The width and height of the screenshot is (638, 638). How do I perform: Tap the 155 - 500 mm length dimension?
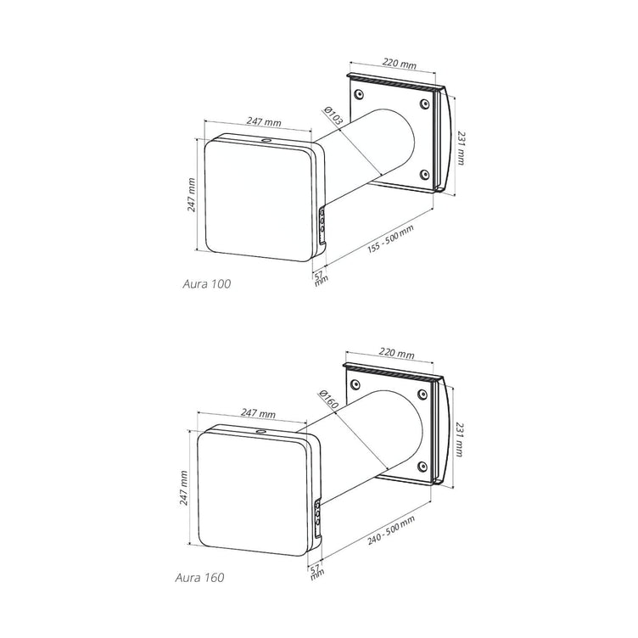tap(390, 240)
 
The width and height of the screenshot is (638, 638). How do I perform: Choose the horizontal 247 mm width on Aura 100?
tap(264, 122)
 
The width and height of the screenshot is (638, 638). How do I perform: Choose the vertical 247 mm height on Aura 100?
tap(192, 194)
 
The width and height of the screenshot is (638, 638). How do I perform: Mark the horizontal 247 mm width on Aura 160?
tap(257, 414)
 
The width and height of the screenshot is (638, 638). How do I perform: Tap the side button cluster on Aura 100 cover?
tap(322, 223)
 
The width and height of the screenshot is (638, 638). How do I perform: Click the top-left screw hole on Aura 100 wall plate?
tap(357, 92)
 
